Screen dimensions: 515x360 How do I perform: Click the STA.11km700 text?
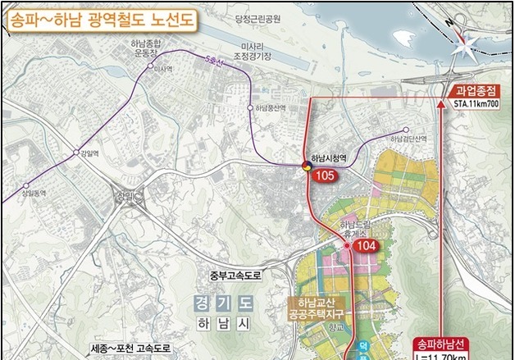(x=476, y=105)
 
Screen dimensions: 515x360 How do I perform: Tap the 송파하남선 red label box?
(x=440, y=344)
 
